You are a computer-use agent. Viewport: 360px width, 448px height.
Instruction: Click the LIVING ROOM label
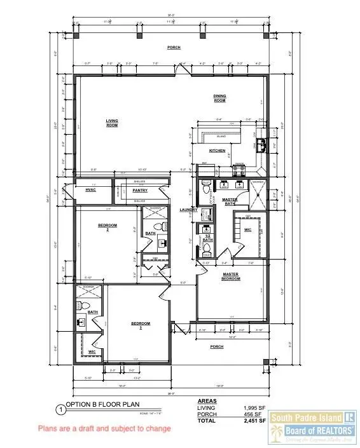pos(112,122)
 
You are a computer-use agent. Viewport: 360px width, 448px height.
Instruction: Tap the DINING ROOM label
pos(219,98)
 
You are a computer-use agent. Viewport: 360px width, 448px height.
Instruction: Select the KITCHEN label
pos(218,151)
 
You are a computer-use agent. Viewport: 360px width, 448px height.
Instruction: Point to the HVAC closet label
pos(90,189)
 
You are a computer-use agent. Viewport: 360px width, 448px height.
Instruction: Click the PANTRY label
pos(141,189)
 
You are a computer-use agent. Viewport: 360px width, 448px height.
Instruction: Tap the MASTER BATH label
pos(230,201)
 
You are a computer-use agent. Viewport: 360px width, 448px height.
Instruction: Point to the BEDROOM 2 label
pos(106,227)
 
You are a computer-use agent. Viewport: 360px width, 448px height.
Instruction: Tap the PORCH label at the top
pos(173,47)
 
